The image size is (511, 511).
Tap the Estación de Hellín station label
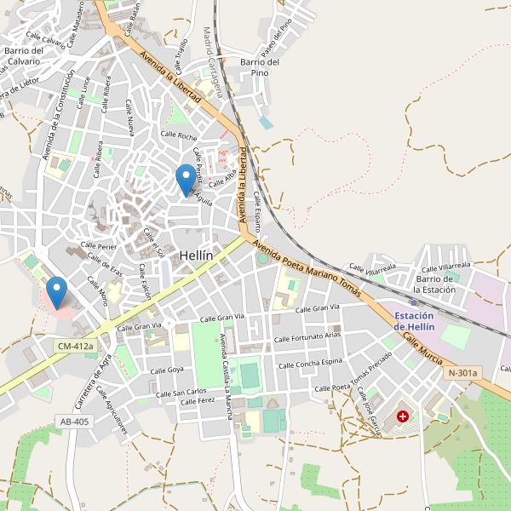415,322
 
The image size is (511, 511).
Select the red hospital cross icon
402,416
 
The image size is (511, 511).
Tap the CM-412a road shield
74,347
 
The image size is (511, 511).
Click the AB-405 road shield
74,422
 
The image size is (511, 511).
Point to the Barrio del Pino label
260,67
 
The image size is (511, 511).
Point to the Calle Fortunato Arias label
307,338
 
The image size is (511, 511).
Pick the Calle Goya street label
167,370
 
